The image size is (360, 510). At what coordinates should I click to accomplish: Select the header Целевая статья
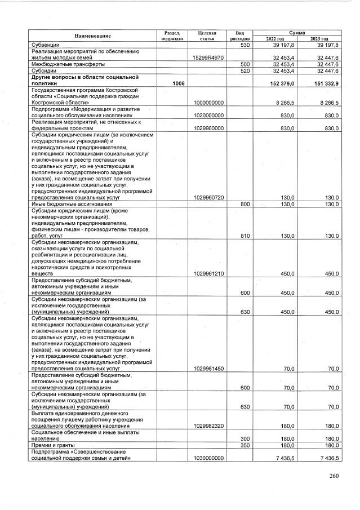208,36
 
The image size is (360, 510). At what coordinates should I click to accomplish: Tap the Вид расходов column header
240,36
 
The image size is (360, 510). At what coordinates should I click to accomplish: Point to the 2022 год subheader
275,39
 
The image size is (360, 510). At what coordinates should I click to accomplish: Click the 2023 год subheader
319,39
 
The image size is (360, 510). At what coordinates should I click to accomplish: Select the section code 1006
179,83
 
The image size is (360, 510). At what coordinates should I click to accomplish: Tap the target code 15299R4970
208,57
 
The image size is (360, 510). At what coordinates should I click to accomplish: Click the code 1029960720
208,198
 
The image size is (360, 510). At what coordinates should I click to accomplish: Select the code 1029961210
208,273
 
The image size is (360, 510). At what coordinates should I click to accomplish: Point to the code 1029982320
208,426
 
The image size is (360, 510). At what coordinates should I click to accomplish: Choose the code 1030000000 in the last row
208,458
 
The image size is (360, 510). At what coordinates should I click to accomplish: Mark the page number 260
334,476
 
